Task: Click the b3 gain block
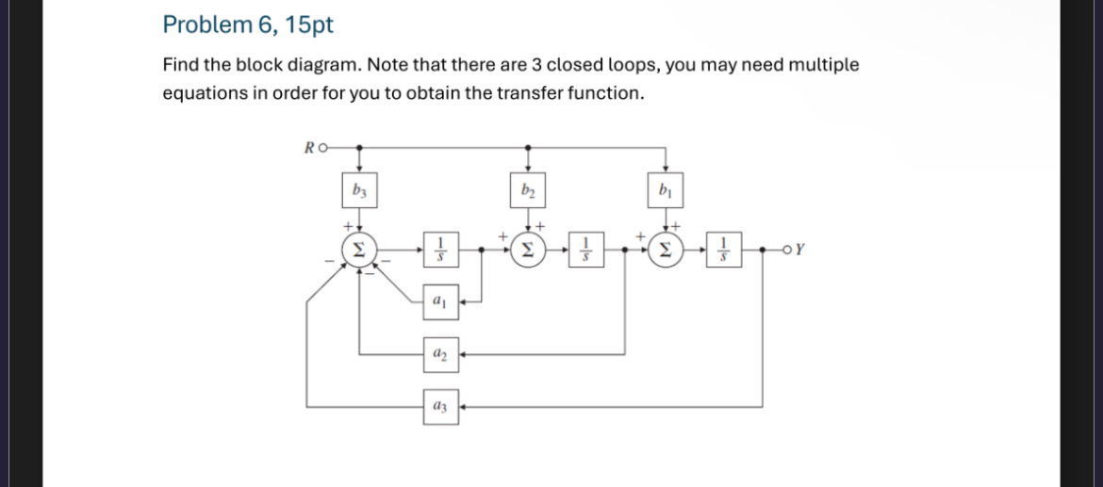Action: [x=357, y=191]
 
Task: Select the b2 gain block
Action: [x=526, y=191]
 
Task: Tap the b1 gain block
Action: [x=667, y=191]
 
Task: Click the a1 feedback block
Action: [x=439, y=302]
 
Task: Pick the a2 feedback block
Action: [x=439, y=354]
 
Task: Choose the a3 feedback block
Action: [x=439, y=407]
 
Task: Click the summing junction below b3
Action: [x=357, y=251]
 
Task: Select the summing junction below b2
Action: [x=526, y=251]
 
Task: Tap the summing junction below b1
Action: [x=667, y=251]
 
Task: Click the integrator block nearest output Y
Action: [x=725, y=251]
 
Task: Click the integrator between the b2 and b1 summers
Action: [x=584, y=251]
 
